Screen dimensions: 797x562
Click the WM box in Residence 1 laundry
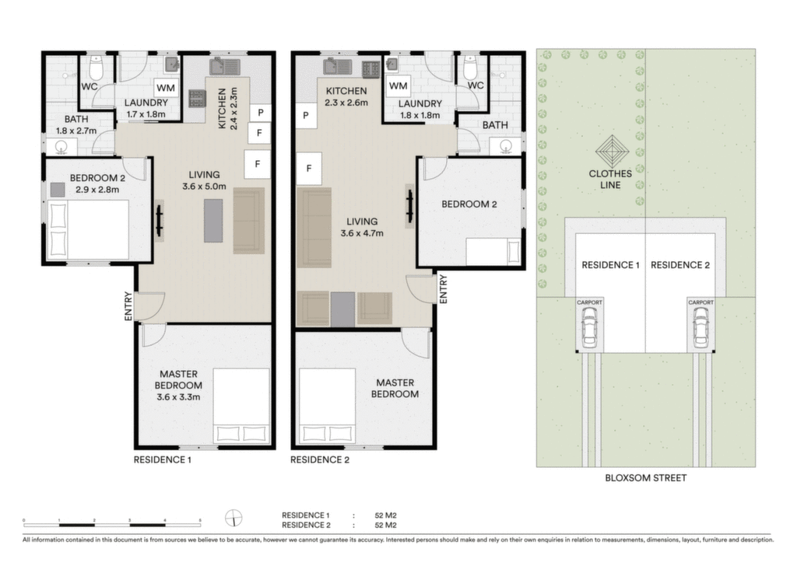tap(166, 87)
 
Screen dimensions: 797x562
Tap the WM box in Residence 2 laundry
tap(398, 86)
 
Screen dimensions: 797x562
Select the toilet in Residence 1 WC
tap(96, 68)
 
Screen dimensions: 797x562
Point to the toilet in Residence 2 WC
tap(470, 68)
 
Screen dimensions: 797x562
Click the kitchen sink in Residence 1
tap(225, 67)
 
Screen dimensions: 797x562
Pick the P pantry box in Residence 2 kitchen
tap(306, 115)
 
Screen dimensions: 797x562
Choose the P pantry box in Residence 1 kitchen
tap(260, 112)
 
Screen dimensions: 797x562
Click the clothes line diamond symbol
tap(612, 152)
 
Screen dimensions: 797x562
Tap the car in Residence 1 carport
tap(589, 326)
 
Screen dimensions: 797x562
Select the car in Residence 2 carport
tap(700, 326)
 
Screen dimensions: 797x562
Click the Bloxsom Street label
tap(645, 478)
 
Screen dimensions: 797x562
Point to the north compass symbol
tap(233, 518)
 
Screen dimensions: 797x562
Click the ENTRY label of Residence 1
tap(128, 305)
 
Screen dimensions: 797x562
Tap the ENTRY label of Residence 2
tap(443, 289)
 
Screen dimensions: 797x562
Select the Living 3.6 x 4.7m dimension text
tap(362, 233)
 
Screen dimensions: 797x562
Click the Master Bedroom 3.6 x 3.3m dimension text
tap(178, 397)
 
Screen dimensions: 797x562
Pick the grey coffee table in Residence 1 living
tap(213, 221)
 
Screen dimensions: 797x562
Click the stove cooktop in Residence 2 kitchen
tap(370, 69)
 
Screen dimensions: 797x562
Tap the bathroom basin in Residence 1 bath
tap(61, 148)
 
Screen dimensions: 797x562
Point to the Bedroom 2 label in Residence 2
tap(469, 204)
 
